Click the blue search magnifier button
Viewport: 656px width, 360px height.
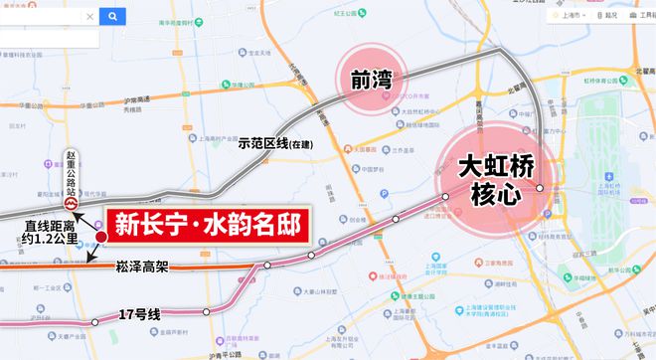click(112, 17)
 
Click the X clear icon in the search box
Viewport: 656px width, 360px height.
click(90, 17)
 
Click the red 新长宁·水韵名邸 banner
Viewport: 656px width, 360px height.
click(206, 224)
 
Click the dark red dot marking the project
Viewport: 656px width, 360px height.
click(100, 236)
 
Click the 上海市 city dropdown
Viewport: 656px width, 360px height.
click(573, 16)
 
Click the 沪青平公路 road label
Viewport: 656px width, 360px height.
click(213, 354)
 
